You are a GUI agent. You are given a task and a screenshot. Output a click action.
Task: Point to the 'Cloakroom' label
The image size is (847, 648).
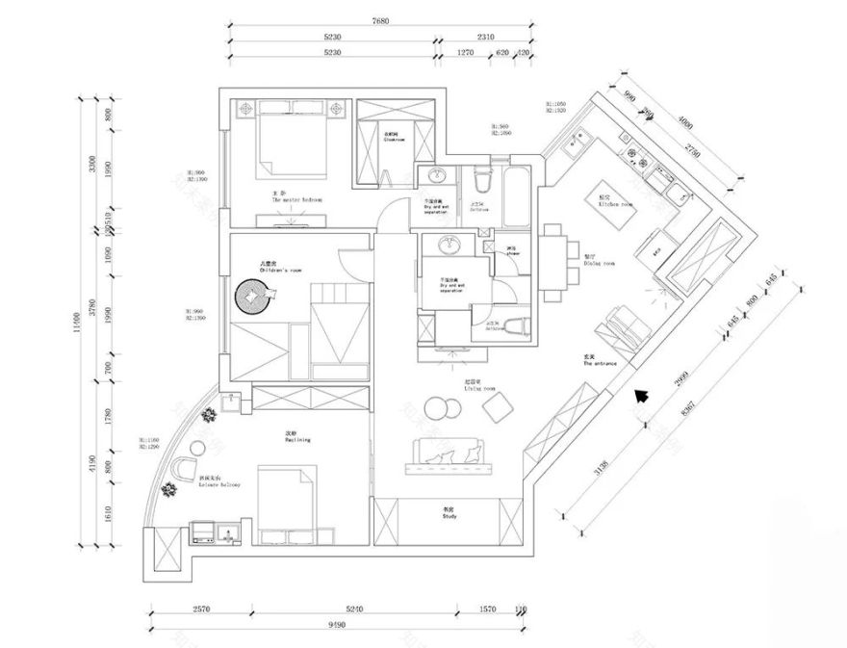tap(396, 139)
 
